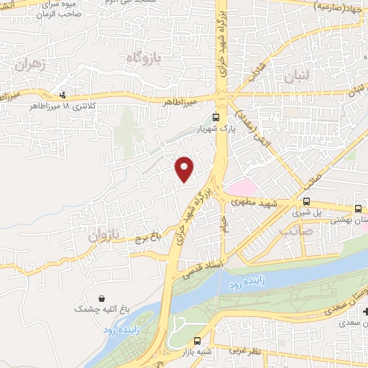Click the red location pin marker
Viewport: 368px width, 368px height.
point(185,169)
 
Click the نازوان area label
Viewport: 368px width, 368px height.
point(101,234)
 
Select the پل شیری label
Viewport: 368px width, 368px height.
point(305,213)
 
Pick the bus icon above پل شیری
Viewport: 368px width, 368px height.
point(307,202)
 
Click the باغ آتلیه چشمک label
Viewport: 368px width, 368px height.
point(101,308)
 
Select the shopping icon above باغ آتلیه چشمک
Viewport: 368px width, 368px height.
point(101,297)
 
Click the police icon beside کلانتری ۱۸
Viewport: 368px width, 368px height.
point(63,94)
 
